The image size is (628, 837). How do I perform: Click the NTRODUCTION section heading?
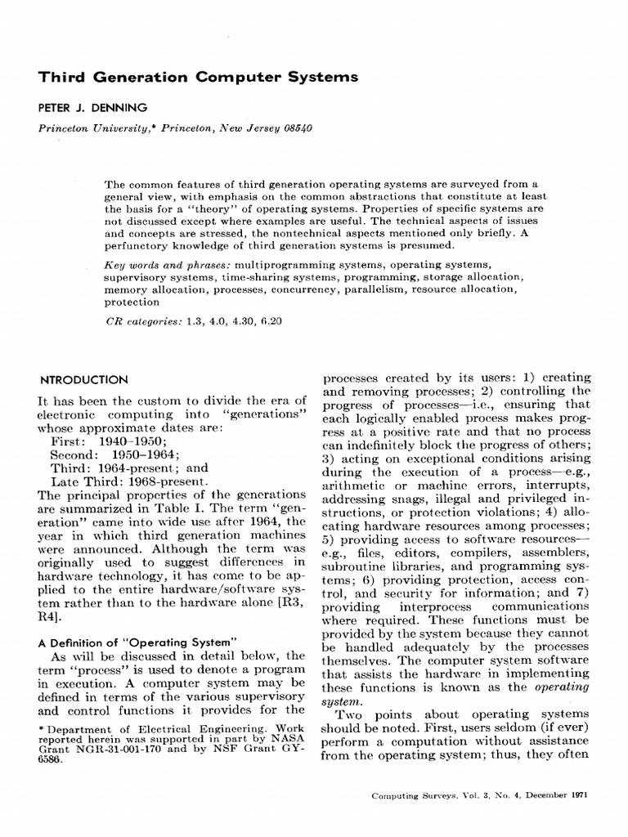[84, 379]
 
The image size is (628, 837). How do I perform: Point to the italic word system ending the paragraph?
[341, 700]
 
